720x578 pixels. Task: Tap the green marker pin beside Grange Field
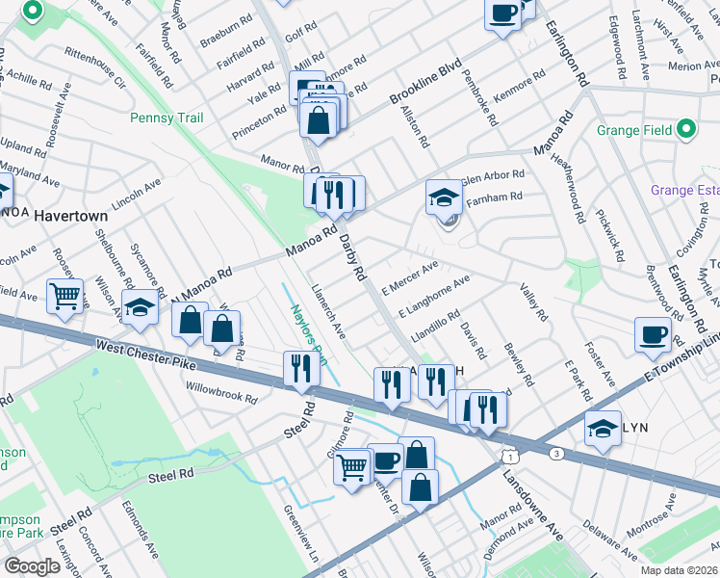coord(685,128)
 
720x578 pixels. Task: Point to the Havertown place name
coord(70,217)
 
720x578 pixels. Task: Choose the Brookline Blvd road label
coord(426,85)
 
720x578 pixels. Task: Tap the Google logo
coord(32,565)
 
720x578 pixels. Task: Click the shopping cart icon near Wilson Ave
coord(65,296)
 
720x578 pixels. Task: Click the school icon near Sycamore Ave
coord(140,306)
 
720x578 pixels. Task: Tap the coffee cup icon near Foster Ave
coord(653,334)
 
